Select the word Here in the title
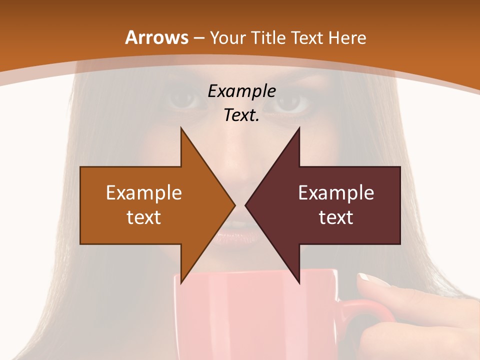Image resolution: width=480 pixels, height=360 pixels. point(347,37)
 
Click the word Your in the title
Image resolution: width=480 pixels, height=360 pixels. point(227,38)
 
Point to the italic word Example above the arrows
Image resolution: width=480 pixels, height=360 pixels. point(241,91)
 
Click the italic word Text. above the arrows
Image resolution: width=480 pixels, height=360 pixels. point(241,115)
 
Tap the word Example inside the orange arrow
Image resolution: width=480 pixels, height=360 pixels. point(144,193)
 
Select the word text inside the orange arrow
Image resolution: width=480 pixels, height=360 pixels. point(144,217)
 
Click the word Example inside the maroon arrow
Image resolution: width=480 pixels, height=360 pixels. point(336,193)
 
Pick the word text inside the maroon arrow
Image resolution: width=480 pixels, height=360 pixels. point(336,217)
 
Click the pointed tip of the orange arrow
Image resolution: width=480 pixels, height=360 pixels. point(234,205)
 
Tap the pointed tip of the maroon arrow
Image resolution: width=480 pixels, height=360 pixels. point(245,205)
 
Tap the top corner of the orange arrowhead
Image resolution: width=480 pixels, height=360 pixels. point(181,128)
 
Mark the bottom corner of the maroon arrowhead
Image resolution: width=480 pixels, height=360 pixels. point(299,282)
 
